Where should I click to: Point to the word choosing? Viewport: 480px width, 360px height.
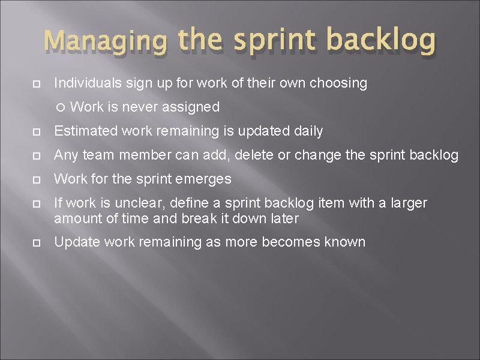(338, 84)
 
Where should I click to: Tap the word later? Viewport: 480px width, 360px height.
(281, 218)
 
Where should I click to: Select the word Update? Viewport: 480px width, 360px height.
(73, 242)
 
